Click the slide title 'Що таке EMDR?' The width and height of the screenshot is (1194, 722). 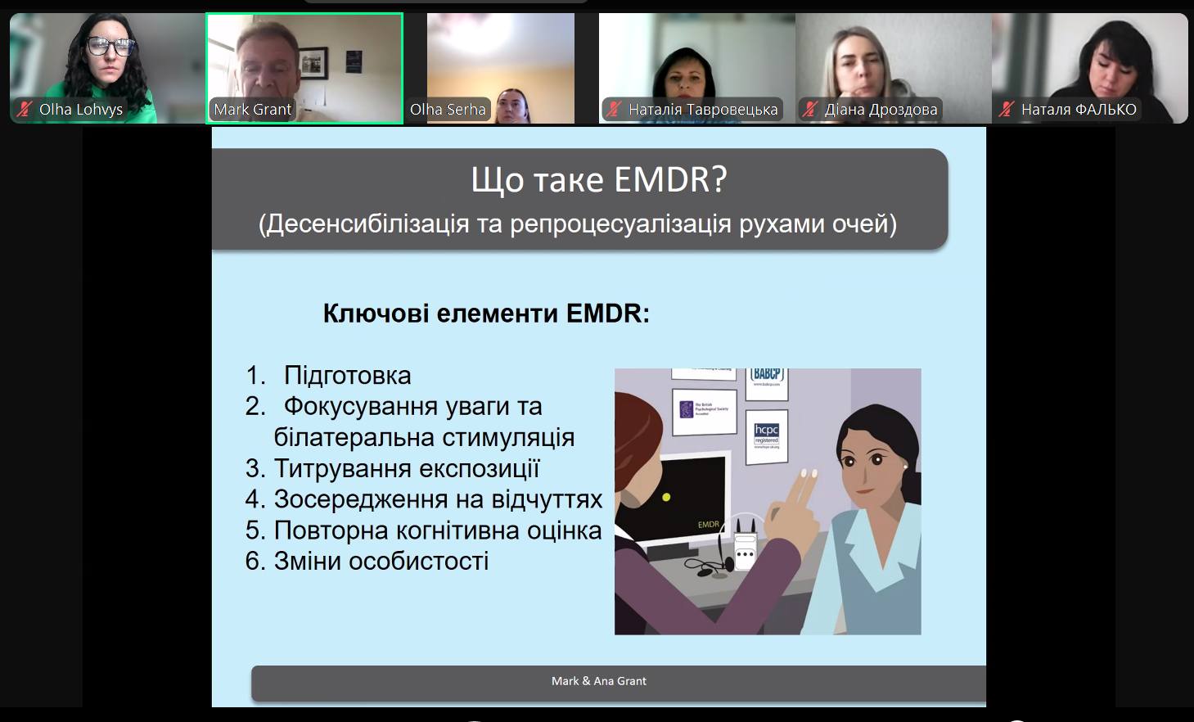[598, 180]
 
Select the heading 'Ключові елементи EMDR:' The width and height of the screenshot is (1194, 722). [486, 314]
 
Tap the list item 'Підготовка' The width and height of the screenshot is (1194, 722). [347, 376]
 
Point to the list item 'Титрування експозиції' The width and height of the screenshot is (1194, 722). [406, 468]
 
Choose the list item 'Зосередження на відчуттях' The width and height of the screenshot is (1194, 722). [437, 499]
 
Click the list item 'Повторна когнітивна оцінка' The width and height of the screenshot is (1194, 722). [437, 530]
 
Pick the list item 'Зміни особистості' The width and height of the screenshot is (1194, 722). [381, 562]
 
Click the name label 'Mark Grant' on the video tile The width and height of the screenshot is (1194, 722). [252, 109]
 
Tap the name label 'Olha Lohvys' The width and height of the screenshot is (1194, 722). [80, 109]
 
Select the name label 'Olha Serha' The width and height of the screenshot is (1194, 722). [448, 109]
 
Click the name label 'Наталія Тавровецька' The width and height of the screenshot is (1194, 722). [702, 109]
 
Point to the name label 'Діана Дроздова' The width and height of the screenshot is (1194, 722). [881, 109]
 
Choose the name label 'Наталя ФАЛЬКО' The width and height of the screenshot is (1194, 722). [1078, 109]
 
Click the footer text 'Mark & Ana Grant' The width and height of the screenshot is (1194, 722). [598, 681]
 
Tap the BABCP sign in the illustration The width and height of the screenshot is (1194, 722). [767, 376]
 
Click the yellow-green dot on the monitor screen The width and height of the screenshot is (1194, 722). [666, 497]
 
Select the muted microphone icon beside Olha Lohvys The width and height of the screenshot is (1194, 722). [25, 109]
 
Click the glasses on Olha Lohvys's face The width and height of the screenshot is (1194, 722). [110, 47]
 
